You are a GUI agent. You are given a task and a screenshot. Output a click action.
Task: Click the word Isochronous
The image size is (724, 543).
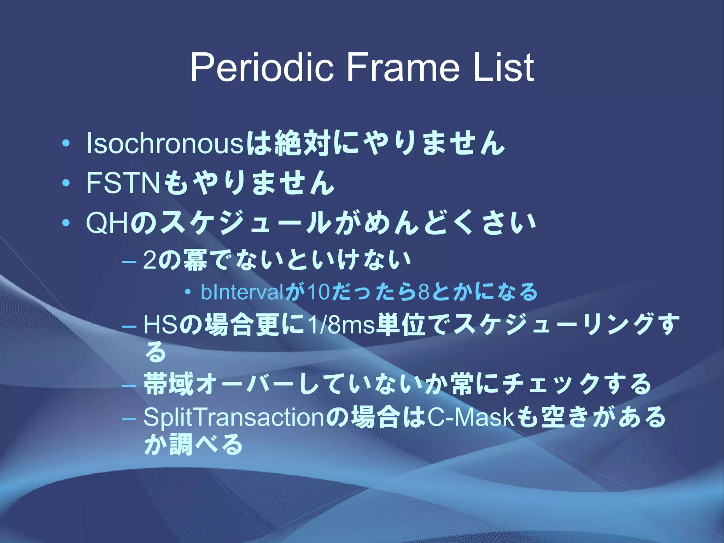165,144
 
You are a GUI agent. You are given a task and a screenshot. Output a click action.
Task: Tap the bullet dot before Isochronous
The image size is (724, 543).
66,144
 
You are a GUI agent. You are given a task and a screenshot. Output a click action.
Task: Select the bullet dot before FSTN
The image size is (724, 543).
66,183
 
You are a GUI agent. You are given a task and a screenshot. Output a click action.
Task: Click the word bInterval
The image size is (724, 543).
242,292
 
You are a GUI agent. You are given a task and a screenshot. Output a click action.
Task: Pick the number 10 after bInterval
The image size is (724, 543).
319,292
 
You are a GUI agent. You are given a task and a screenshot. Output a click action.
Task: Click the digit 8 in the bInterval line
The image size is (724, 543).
424,292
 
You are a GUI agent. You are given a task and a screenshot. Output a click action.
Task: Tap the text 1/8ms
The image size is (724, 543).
341,325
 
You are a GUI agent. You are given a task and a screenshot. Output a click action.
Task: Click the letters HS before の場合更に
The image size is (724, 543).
160,325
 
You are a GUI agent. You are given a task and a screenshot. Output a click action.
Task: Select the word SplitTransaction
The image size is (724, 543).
233,417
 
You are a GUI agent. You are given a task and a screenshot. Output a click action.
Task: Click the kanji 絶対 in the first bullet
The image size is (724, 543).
302,144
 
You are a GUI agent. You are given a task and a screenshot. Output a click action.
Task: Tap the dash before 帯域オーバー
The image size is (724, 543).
129,385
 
